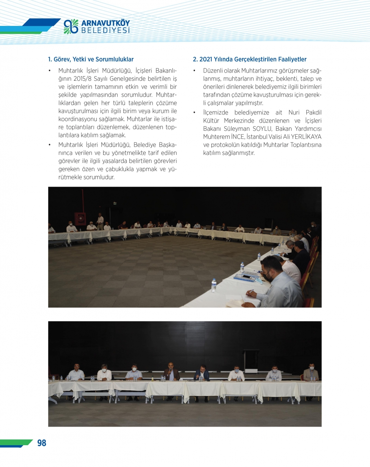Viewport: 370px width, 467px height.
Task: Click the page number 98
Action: (x=41, y=443)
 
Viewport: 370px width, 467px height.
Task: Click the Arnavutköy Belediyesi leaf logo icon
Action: (x=71, y=27)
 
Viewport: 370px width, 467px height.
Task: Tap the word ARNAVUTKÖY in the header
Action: (x=105, y=23)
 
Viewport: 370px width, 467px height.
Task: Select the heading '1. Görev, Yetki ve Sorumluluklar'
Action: (x=91, y=59)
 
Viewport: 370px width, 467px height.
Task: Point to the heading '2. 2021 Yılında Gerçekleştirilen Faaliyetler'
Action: (x=249, y=59)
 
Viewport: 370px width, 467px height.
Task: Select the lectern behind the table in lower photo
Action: (x=251, y=361)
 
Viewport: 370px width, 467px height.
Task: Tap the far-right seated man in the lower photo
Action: (x=311, y=373)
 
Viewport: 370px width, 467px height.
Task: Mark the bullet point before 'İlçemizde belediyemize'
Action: (x=194, y=113)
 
